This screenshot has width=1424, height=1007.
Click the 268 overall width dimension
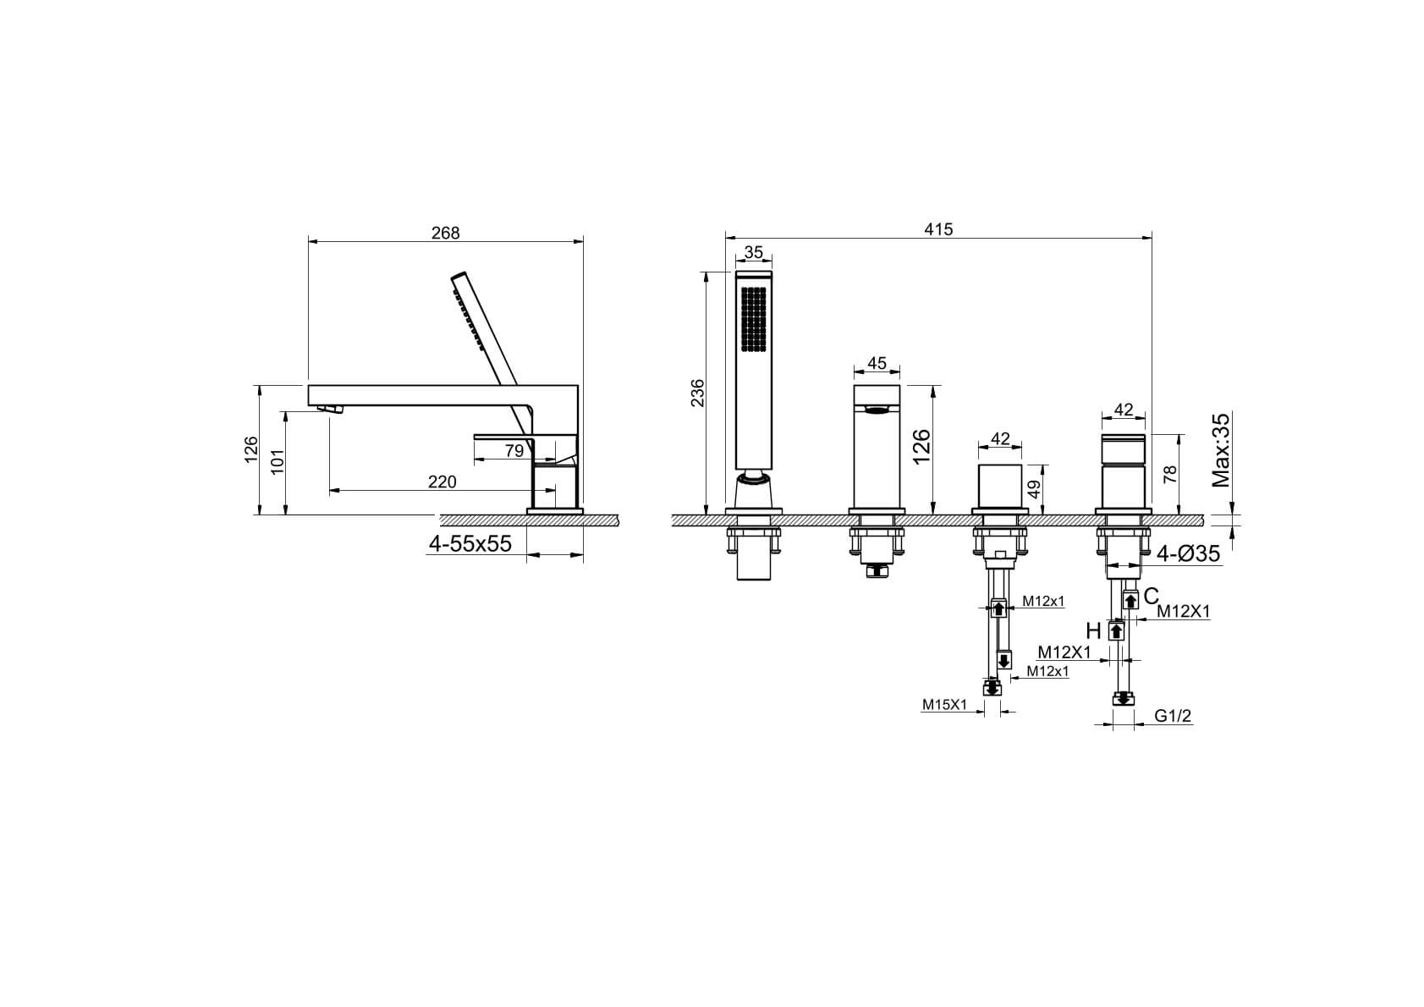pyautogui.click(x=445, y=234)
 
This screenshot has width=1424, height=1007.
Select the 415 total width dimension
pyautogui.click(x=938, y=229)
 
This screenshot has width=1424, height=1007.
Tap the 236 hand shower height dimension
pyautogui.click(x=698, y=393)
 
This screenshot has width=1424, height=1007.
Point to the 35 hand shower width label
pyautogui.click(x=753, y=252)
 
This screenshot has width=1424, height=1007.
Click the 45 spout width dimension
pyautogui.click(x=877, y=363)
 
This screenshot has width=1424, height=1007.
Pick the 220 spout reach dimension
pyautogui.click(x=442, y=481)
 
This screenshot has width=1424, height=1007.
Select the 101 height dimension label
pyautogui.click(x=278, y=461)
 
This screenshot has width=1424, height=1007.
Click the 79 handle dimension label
pyautogui.click(x=514, y=451)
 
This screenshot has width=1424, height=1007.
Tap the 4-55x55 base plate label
pyautogui.click(x=470, y=543)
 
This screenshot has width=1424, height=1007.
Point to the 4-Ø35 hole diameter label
pyautogui.click(x=1188, y=553)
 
